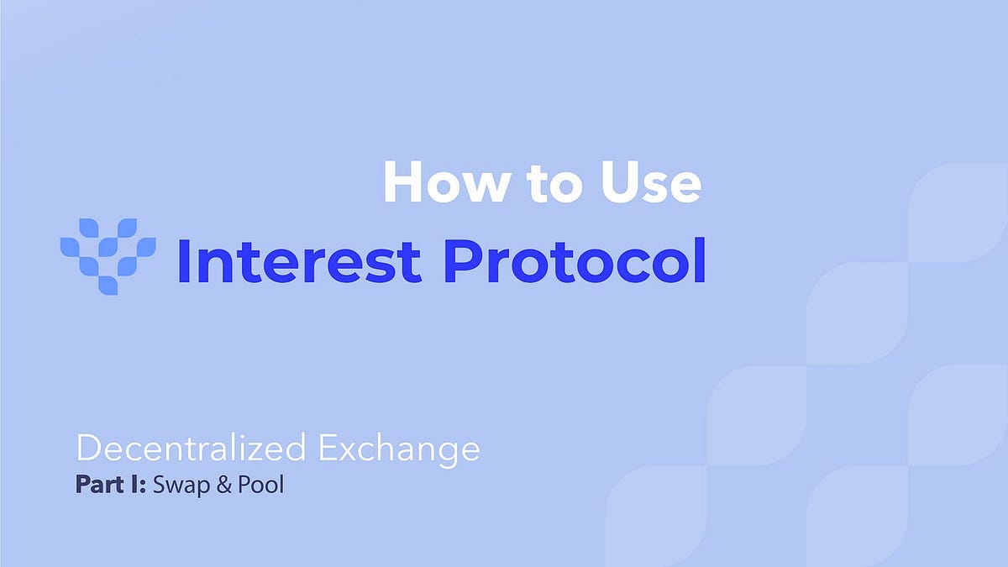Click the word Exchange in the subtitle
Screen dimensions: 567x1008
pos(399,450)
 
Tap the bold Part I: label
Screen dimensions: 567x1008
pos(111,486)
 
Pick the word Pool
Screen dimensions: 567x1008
pos(261,486)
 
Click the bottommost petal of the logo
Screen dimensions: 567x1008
pos(108,285)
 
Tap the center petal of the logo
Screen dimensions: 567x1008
pos(108,247)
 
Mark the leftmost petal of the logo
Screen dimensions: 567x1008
pos(69,247)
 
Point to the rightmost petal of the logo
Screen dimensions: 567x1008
pos(146,247)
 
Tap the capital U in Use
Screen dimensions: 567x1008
pos(616,182)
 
